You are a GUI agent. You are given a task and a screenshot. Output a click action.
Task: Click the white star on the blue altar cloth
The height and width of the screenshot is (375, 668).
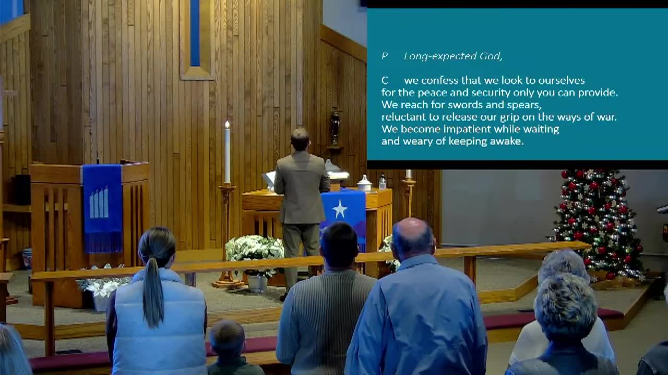pos(340,209)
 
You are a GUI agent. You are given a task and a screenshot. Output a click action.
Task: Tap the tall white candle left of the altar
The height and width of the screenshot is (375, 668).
pos(227,152)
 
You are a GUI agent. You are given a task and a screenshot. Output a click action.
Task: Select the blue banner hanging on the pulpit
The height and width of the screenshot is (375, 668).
pos(102,207)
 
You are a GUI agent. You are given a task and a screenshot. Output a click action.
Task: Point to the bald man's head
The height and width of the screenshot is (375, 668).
pos(413,237)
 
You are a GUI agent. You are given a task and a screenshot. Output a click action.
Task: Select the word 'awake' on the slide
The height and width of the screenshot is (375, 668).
pos(506,141)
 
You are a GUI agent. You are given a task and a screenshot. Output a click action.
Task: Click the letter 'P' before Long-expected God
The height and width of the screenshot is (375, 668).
pos(385,56)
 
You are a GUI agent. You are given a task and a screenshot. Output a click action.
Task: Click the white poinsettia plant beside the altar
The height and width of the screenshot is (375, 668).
pos(255,250)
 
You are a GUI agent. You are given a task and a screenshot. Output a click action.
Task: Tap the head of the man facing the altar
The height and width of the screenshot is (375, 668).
pos(300,139)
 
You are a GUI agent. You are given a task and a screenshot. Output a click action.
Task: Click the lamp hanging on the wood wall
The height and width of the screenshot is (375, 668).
pos(335,128)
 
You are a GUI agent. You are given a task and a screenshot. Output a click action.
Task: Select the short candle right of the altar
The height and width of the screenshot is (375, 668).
pos(408,174)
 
